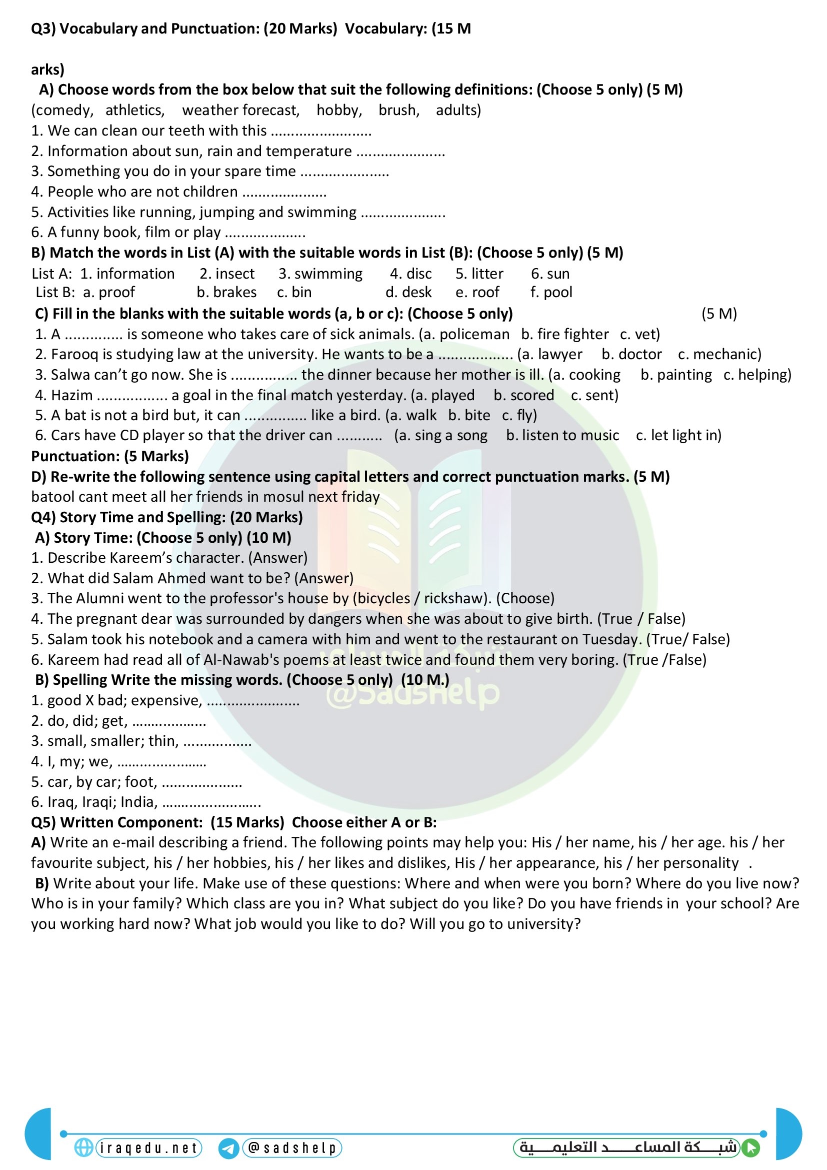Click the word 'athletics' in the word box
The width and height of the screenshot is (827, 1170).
(134, 110)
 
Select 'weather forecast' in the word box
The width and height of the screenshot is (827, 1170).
(240, 110)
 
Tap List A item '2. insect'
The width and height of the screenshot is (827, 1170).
(227, 274)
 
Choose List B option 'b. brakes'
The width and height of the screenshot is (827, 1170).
(226, 292)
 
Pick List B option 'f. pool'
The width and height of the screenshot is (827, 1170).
(551, 292)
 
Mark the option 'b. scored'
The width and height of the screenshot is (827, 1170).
(523, 395)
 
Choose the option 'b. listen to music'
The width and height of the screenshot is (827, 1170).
(562, 435)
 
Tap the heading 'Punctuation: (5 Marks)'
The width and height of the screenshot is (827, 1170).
(110, 456)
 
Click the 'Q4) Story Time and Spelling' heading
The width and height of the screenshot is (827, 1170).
(167, 517)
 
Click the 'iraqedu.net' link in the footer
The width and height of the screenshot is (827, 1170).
(148, 1147)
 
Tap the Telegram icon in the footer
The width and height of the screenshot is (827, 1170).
(228, 1148)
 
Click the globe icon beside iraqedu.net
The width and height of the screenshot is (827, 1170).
(83, 1147)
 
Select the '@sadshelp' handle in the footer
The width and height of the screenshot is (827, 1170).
(292, 1147)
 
